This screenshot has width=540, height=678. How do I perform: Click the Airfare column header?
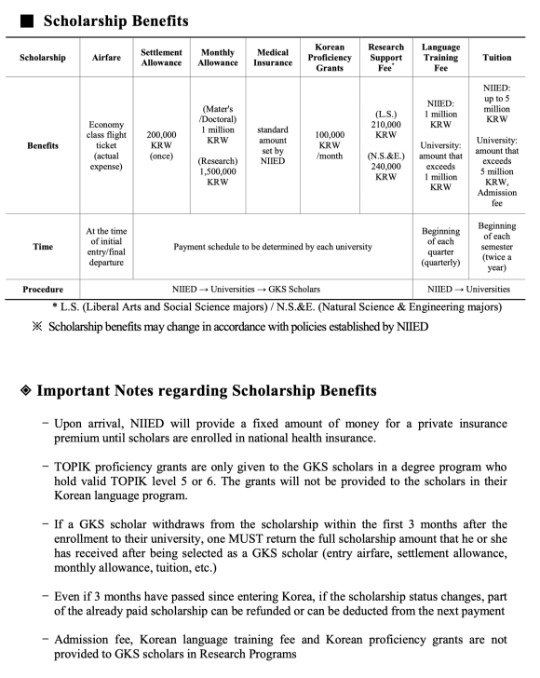coord(106,57)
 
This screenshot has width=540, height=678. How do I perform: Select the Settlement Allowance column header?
coord(162,57)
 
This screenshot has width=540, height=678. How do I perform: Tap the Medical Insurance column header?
coord(273,57)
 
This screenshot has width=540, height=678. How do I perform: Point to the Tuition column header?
coord(497,57)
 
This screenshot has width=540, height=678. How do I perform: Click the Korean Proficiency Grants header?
coord(330,57)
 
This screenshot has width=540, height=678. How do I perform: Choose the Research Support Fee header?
coord(385,57)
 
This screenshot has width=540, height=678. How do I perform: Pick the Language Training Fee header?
coord(440,57)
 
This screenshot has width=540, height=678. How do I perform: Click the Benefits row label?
coord(43,146)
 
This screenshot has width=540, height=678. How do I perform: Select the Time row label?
coord(43,247)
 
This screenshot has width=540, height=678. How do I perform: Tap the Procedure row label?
coord(43,290)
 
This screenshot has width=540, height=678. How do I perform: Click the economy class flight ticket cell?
coord(106,146)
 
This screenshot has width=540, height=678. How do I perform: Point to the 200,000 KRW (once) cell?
coord(162,146)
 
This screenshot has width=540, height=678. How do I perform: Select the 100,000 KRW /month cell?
coord(330,146)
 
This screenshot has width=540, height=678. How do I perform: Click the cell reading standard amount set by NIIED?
coord(273,146)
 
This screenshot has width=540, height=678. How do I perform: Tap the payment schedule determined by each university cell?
coord(274,247)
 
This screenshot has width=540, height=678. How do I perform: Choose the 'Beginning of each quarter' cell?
coord(440,247)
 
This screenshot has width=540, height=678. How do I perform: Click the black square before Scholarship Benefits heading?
coord(24,20)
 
